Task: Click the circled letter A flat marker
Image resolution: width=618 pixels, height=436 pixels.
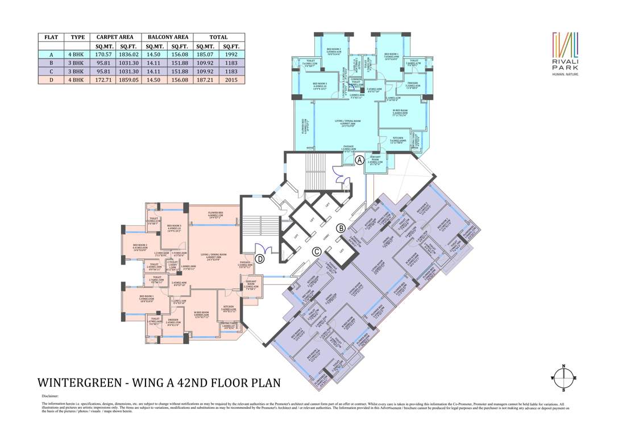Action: tap(359, 161)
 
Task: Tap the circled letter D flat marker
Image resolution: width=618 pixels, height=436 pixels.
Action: tap(260, 259)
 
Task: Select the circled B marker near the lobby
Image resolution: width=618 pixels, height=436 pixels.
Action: tap(341, 228)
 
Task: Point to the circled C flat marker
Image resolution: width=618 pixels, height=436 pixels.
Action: tap(317, 251)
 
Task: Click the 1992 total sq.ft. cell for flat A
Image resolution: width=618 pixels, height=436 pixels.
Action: tap(231, 54)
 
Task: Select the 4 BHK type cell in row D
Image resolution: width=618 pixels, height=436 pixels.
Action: tap(77, 80)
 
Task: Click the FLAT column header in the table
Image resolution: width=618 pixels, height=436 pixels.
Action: tap(50, 37)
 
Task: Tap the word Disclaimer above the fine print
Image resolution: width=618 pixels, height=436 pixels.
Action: tap(50, 396)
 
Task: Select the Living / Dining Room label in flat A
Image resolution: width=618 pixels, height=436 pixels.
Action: tap(347, 122)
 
